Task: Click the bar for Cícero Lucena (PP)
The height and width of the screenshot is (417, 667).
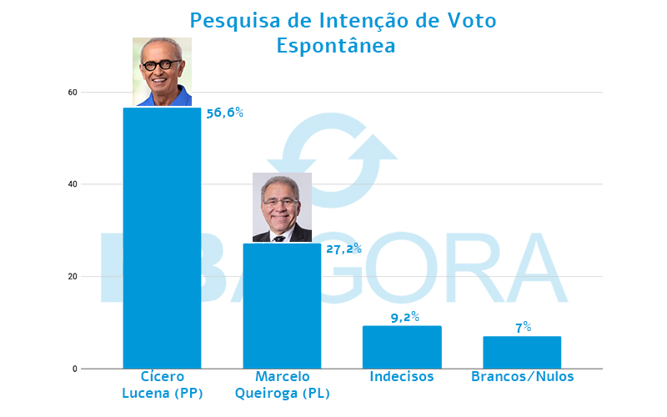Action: pyautogui.click(x=162, y=238)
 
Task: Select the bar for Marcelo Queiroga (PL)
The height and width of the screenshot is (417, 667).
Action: pyautogui.click(x=282, y=305)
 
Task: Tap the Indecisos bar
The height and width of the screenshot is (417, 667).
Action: pyautogui.click(x=402, y=347)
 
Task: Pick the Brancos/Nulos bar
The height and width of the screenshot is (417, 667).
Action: pyautogui.click(x=522, y=352)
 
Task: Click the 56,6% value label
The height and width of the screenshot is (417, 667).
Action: pyautogui.click(x=224, y=112)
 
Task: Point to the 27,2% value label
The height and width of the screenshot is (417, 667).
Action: pyautogui.click(x=343, y=248)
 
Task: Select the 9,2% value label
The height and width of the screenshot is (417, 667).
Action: pyautogui.click(x=404, y=317)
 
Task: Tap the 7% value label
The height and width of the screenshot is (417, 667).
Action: pyautogui.click(x=524, y=328)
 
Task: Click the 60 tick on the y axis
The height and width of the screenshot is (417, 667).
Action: pyautogui.click(x=73, y=92)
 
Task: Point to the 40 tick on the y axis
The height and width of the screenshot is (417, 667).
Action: pyautogui.click(x=73, y=184)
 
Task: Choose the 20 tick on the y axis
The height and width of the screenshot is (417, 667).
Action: pyautogui.click(x=73, y=277)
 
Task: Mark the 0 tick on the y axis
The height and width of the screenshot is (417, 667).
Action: pyautogui.click(x=75, y=369)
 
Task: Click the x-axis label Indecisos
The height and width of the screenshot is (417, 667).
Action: pyautogui.click(x=402, y=377)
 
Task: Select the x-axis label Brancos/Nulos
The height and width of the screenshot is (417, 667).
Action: pyautogui.click(x=522, y=377)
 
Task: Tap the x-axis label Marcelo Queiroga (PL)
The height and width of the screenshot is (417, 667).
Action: pyautogui.click(x=282, y=384)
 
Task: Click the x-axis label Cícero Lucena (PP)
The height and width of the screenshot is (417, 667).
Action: pyautogui.click(x=162, y=384)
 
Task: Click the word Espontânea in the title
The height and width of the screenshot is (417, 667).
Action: pyautogui.click(x=335, y=45)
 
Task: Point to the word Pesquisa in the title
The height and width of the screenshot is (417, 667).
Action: pyautogui.click(x=228, y=19)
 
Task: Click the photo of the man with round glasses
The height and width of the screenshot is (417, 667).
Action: pyautogui.click(x=162, y=72)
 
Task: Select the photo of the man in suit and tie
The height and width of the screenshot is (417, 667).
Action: pyautogui.click(x=282, y=208)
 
